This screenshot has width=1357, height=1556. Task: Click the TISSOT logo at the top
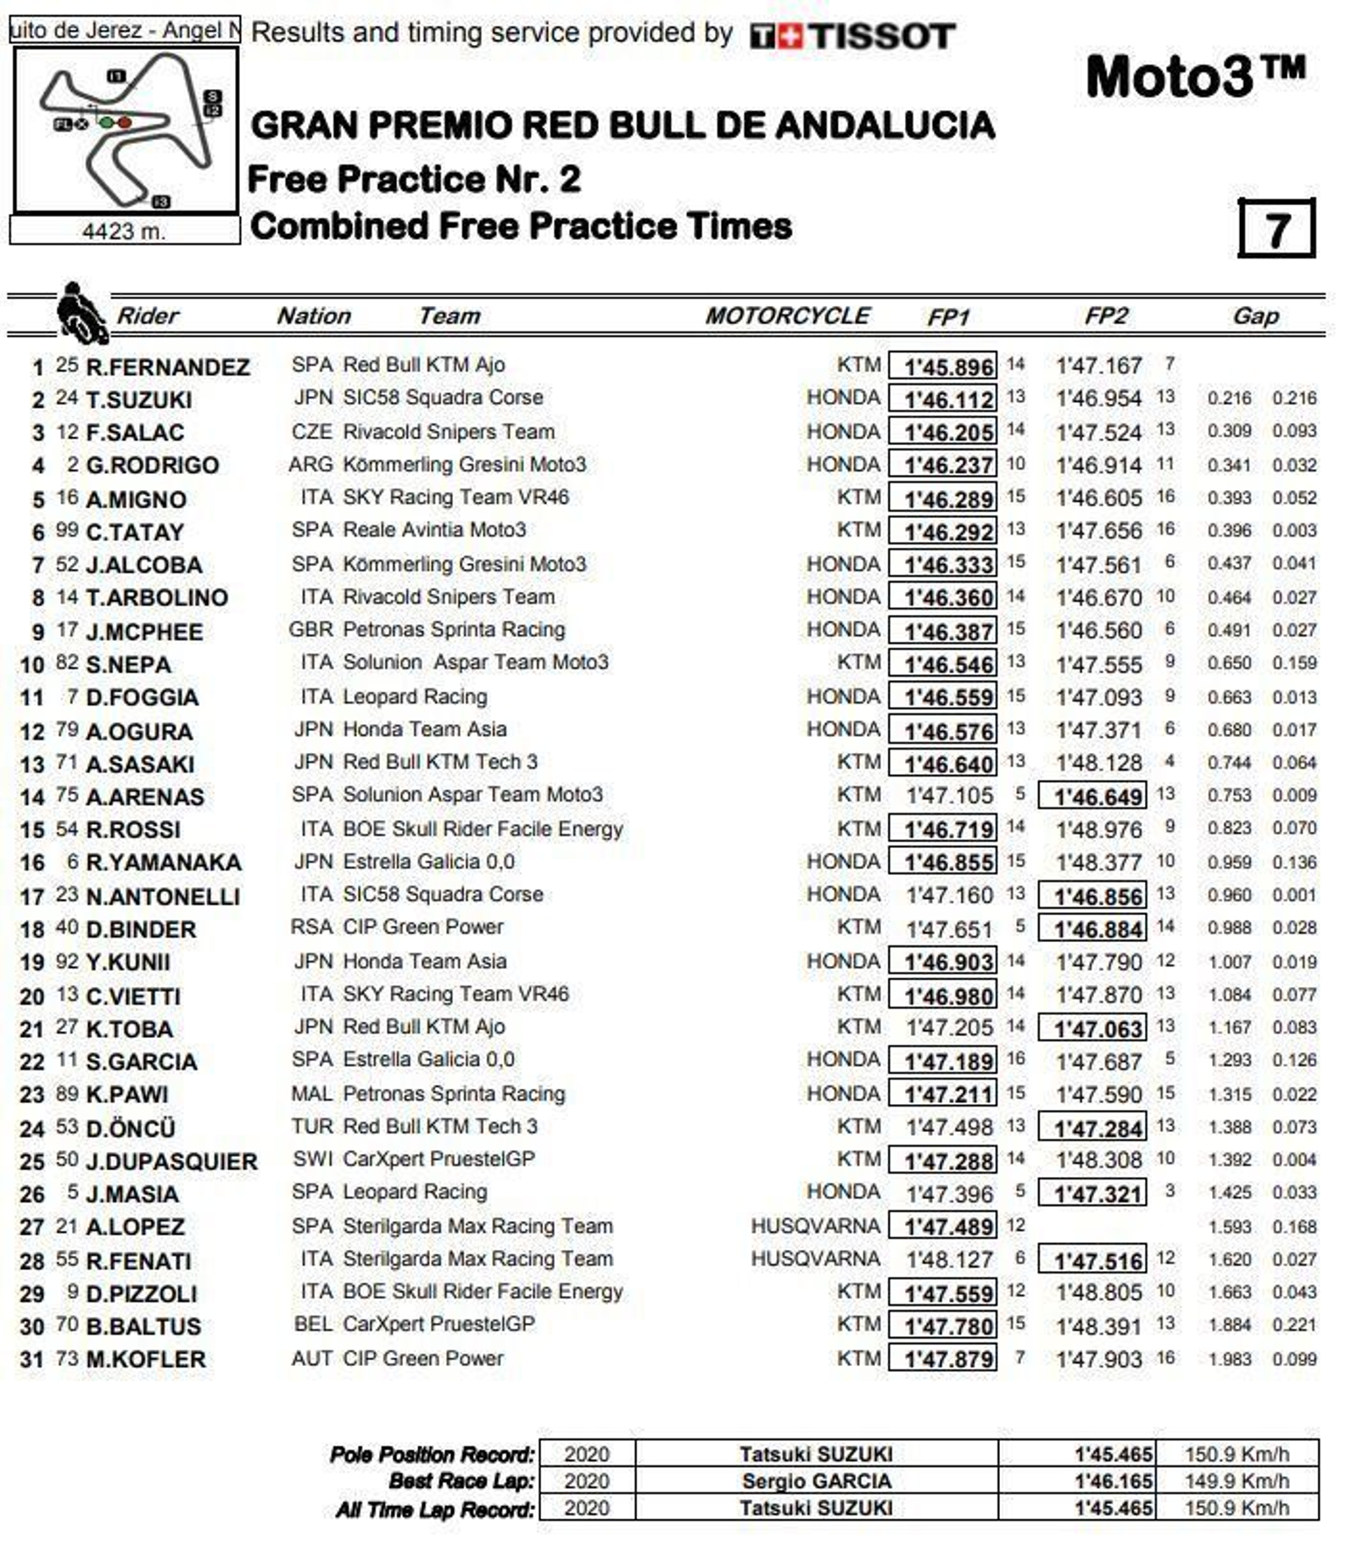pos(852,36)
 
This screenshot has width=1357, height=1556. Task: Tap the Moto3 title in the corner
pos(1195,76)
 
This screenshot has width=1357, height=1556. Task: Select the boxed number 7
pos(1276,228)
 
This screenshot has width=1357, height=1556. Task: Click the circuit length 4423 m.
pos(124,231)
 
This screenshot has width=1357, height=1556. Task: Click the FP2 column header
pos(1105,316)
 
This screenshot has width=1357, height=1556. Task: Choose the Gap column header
pos(1254,316)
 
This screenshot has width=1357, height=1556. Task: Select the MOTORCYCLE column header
pos(786,316)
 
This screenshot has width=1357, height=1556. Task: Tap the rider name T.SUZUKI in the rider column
pos(138,399)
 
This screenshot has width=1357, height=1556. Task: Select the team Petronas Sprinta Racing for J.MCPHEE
pos(453,630)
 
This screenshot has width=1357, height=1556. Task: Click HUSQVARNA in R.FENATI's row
pos(814,1259)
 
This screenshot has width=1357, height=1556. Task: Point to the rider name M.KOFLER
pos(145,1359)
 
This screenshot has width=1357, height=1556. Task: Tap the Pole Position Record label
pos(433,1454)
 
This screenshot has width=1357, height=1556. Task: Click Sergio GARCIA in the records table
pos(816,1481)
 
